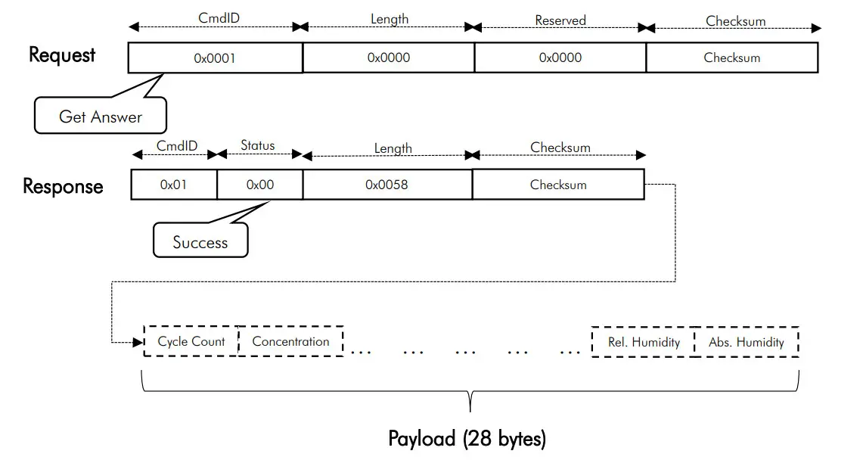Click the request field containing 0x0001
215,57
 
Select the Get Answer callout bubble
100,117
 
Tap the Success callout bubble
200,242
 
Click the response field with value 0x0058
386,185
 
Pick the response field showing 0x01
173,185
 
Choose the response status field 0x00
259,185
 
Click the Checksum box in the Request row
731,57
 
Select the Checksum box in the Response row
558,185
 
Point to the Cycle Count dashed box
191,342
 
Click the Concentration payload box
290,342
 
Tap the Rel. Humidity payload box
644,342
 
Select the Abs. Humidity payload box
746,342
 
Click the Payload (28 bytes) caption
467,439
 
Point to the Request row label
62,55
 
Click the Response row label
63,186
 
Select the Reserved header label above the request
560,20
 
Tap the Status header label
258,145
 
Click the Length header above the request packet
389,20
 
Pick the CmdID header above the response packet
176,146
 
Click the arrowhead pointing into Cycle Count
138,342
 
